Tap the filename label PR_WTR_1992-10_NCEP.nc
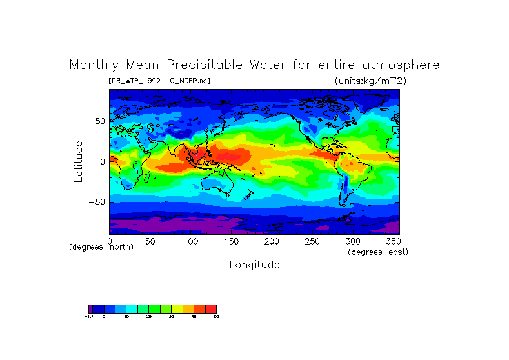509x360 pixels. (159, 81)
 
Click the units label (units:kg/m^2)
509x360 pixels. (370, 81)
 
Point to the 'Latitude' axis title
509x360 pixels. (79, 161)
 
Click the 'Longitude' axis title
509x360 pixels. (255, 265)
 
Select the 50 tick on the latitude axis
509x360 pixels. (100, 121)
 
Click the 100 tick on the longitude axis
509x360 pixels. (191, 241)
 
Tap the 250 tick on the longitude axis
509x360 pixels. (312, 241)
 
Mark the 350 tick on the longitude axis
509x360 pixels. (393, 241)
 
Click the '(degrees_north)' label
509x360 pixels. (101, 247)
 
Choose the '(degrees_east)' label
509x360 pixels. (378, 252)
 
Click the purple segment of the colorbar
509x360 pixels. (91, 308)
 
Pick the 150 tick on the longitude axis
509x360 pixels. (231, 241)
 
